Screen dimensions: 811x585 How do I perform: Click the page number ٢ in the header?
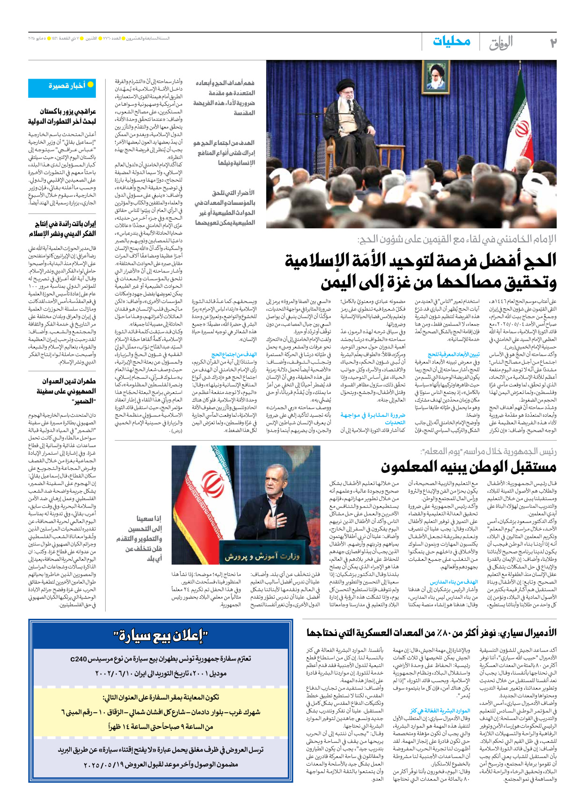[x=553, y=43]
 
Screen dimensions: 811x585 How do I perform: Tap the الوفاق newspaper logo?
[x=501, y=43]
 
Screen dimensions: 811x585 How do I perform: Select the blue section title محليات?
[x=451, y=41]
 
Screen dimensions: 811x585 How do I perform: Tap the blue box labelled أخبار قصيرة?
[x=62, y=87]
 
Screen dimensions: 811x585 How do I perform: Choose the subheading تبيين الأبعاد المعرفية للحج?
[x=453, y=354]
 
